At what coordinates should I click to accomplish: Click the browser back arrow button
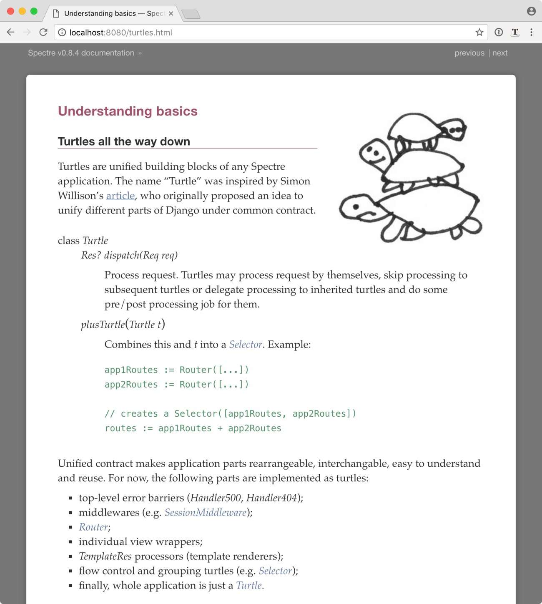(11, 32)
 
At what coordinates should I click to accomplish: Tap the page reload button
(43, 32)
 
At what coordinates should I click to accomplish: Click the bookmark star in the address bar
(479, 32)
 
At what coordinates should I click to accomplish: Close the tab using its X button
(171, 13)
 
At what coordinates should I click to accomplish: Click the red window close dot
(11, 11)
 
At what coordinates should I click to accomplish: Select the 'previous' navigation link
(469, 53)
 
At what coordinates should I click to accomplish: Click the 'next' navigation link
(499, 53)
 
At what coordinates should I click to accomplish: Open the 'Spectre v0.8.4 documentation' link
(81, 53)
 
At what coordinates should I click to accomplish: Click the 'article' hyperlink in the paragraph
(120, 196)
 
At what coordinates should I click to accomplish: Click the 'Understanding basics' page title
(128, 111)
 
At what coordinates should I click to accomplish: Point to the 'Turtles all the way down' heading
(124, 141)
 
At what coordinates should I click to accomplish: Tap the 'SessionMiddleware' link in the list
(205, 512)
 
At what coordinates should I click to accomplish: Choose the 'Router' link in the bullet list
(93, 527)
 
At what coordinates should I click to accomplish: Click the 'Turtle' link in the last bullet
(249, 585)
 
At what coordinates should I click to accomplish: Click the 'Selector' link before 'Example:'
(246, 344)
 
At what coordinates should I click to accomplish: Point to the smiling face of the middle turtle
(374, 153)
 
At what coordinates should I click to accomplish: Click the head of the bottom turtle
(357, 207)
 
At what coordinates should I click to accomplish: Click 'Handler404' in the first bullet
(271, 498)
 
